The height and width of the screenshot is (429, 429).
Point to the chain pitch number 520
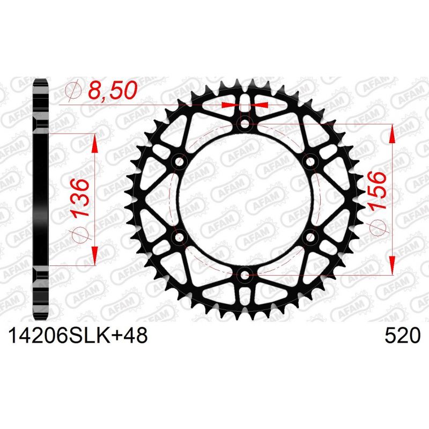click(x=402, y=336)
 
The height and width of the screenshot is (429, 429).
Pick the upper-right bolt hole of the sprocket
click(x=310, y=162)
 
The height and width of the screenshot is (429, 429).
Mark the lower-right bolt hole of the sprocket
click(x=310, y=238)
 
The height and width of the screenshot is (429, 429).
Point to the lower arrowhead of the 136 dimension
click(x=95, y=256)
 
